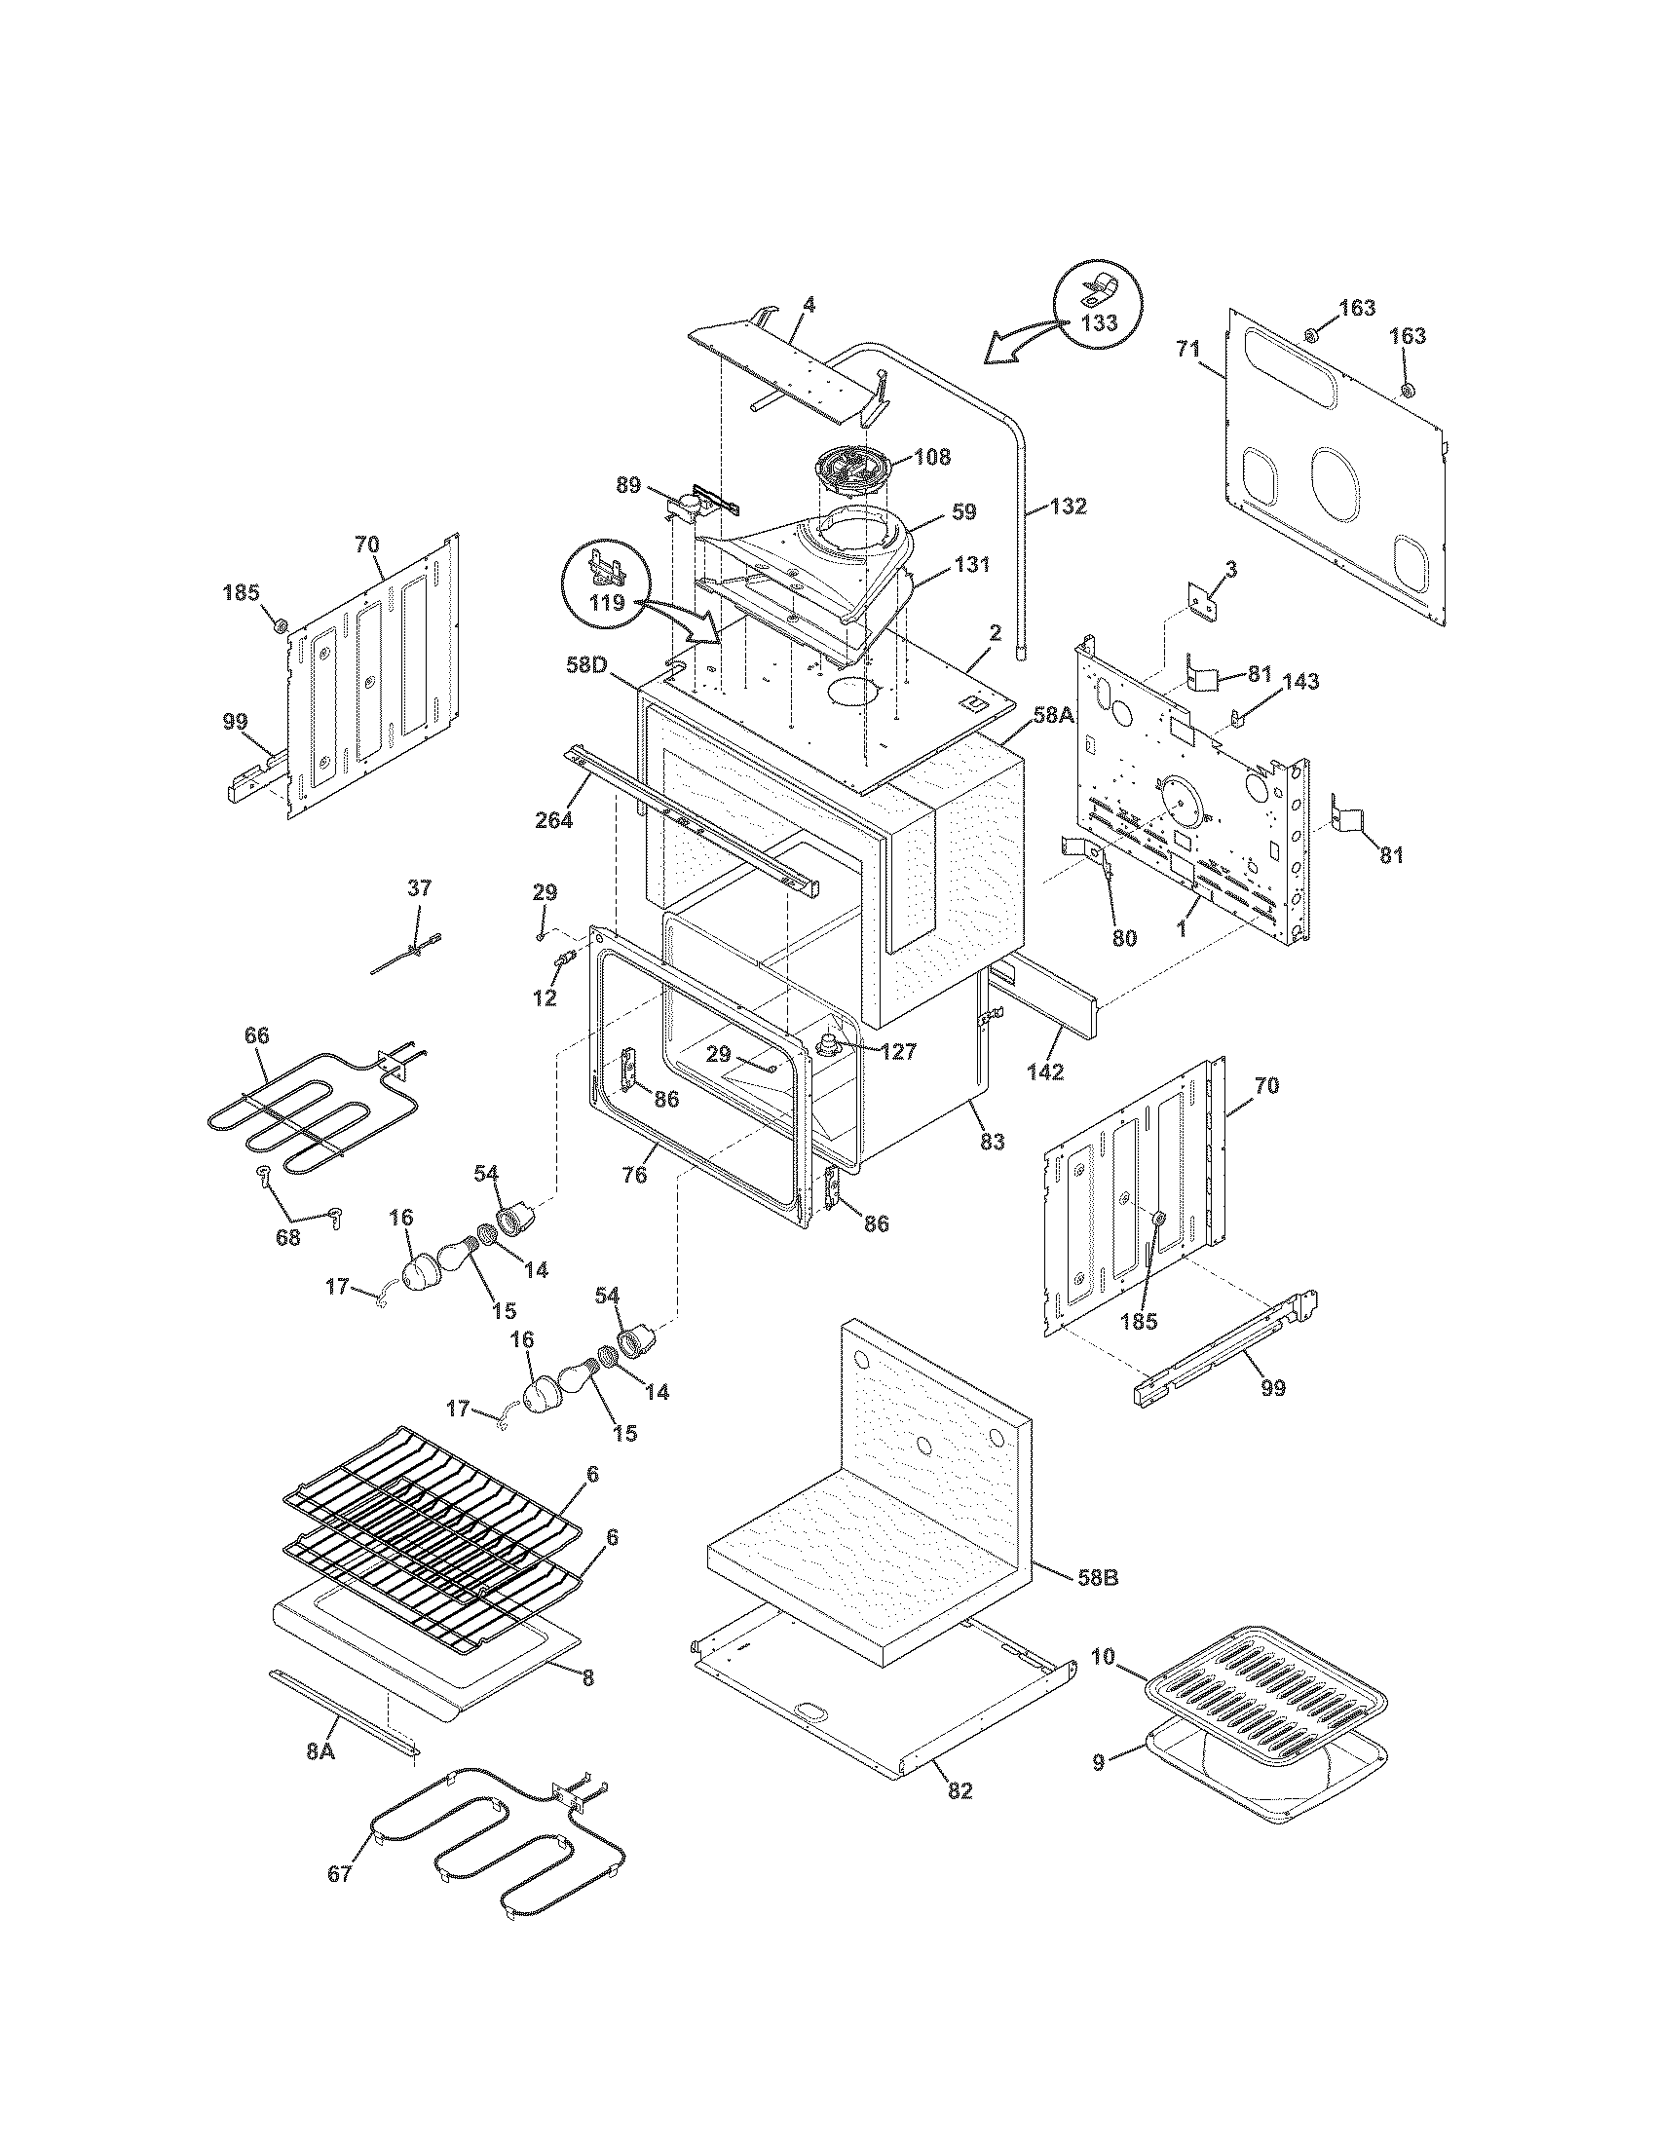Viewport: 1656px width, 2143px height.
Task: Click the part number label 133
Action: [x=1098, y=323]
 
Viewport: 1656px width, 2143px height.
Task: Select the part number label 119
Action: [x=608, y=602]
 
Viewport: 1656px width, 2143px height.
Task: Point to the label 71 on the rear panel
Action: [x=1188, y=348]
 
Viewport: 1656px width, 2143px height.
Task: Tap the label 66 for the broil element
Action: [x=256, y=1036]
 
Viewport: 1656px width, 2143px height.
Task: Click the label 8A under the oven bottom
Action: [x=320, y=1750]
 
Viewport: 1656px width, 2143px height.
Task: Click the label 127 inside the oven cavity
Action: [x=898, y=1052]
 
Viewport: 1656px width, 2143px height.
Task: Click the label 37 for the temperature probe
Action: [x=419, y=889]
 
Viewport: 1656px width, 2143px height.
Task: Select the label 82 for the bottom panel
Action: [x=960, y=1790]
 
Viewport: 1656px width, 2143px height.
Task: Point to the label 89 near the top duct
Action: [x=629, y=485]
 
